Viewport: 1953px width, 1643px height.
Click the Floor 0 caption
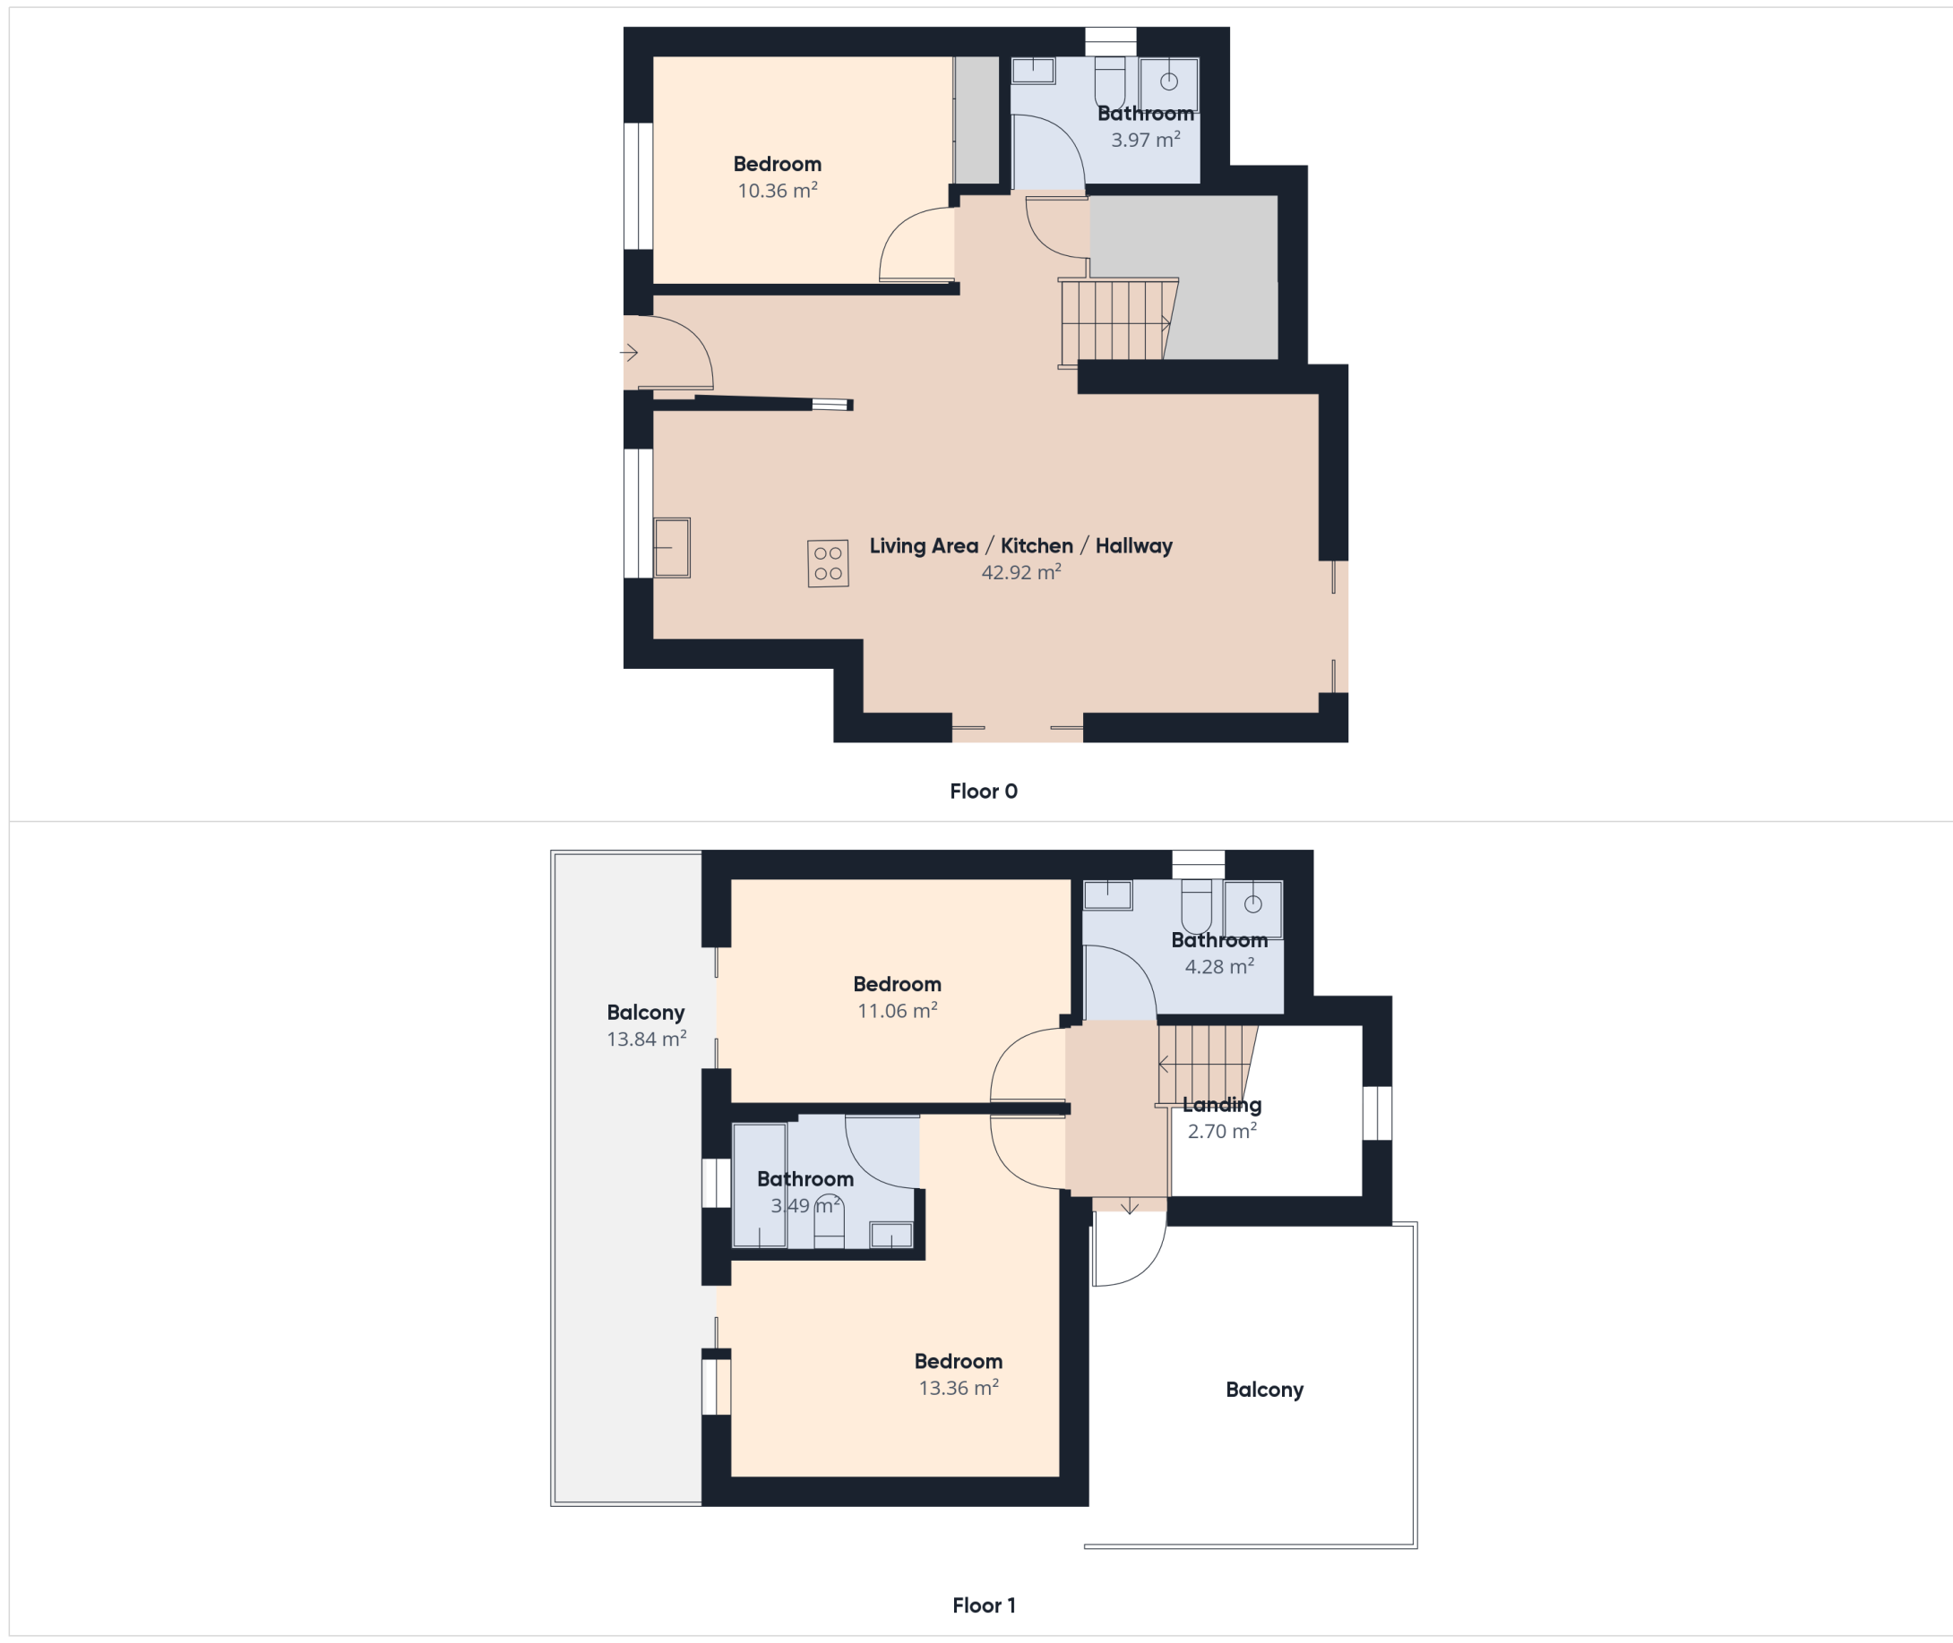click(983, 791)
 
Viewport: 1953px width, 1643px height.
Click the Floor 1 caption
click(983, 1604)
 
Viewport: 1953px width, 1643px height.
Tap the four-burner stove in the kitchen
click(828, 562)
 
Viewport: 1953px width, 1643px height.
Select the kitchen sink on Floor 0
click(671, 548)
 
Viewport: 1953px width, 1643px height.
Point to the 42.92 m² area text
click(1020, 572)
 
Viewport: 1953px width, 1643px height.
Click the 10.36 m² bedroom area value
click(777, 190)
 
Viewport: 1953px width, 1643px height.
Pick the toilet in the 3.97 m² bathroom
click(1109, 82)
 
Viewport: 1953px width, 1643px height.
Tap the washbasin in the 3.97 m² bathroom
click(1168, 84)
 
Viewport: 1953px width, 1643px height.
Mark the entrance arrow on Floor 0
click(629, 353)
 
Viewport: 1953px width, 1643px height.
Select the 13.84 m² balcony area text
click(646, 1039)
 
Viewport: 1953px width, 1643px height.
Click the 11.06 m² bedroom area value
click(897, 1011)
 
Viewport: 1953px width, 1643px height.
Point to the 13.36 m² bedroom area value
click(958, 1388)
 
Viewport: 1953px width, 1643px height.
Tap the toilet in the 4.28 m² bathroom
click(1196, 904)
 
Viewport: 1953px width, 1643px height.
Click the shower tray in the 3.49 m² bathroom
click(760, 1185)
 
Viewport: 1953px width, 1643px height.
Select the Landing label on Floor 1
click(1222, 1106)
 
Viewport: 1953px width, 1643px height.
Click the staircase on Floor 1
click(1207, 1065)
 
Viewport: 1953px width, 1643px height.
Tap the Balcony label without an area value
click(1264, 1390)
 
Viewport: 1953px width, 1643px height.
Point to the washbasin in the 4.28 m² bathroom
click(1253, 908)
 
